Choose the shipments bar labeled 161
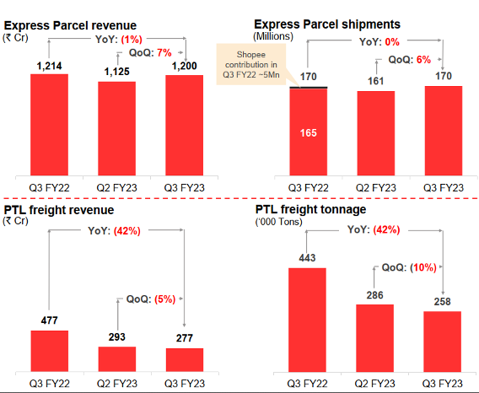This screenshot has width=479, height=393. tap(374, 132)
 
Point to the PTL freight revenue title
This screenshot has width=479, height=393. tap(58, 210)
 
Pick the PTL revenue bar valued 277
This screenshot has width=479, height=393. tap(185, 361)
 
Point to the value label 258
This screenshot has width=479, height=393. tap(442, 301)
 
